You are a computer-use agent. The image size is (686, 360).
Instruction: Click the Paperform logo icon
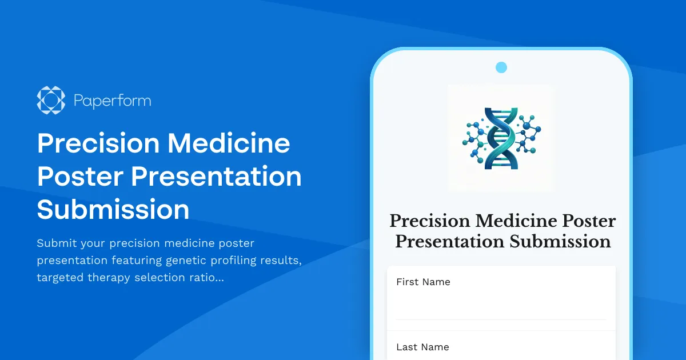pyautogui.click(x=50, y=101)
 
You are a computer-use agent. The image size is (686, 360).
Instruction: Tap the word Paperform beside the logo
pyautogui.click(x=113, y=101)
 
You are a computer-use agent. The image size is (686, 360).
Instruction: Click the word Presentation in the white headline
pyautogui.click(x=216, y=176)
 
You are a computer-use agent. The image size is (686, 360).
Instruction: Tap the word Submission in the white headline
pyautogui.click(x=113, y=209)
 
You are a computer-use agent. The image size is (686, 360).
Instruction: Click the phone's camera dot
pyautogui.click(x=501, y=67)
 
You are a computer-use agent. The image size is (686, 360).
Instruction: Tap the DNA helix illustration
pyautogui.click(x=501, y=138)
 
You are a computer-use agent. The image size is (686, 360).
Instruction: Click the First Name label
pyautogui.click(x=423, y=282)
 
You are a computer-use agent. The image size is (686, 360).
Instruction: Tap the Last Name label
pyautogui.click(x=422, y=347)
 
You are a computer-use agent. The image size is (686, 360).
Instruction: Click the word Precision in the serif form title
pyautogui.click(x=430, y=221)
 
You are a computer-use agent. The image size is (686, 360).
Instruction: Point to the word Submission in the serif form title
pyautogui.click(x=560, y=241)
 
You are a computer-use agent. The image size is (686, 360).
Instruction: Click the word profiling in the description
pyautogui.click(x=234, y=261)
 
